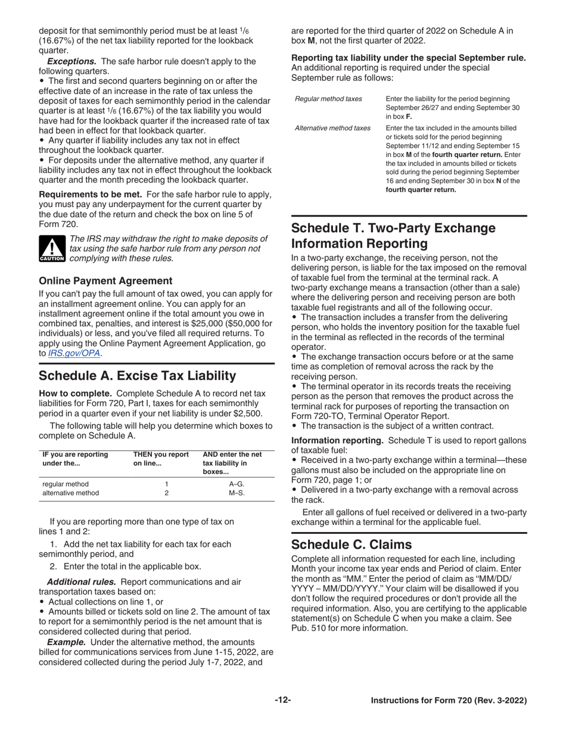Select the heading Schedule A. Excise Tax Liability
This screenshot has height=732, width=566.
pyautogui.click(x=137, y=376)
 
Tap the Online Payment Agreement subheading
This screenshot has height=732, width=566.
pyautogui.click(x=105, y=280)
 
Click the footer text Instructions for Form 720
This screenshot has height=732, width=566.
pyautogui.click(x=449, y=701)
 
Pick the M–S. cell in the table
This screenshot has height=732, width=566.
pyautogui.click(x=237, y=493)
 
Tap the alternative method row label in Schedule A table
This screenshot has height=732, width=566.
pyautogui.click(x=70, y=493)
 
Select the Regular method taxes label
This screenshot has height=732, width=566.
pyautogui.click(x=328, y=99)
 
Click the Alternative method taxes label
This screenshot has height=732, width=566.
pyautogui.click(x=332, y=128)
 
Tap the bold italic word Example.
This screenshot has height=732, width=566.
pyautogui.click(x=66, y=642)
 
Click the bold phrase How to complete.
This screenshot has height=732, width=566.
pyautogui.click(x=75, y=393)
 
